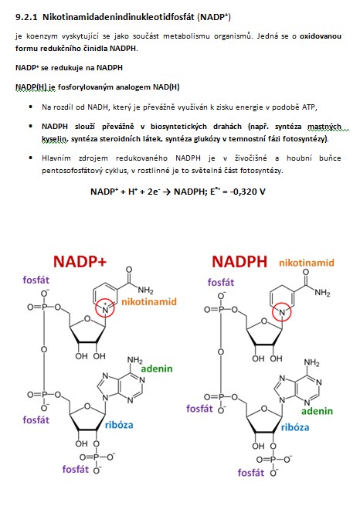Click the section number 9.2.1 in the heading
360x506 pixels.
[x=26, y=17]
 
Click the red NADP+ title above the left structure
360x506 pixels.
[x=80, y=261]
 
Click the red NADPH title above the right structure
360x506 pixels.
[x=239, y=261]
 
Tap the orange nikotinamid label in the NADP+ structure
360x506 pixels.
[x=149, y=302]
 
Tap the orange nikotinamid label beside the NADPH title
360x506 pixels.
[x=307, y=263]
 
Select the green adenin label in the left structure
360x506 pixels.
[x=157, y=368]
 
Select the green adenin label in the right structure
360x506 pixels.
[x=317, y=411]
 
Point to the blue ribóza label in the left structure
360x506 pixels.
[x=119, y=425]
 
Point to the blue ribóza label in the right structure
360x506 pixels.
[x=295, y=427]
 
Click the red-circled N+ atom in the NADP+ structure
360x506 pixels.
[x=105, y=310]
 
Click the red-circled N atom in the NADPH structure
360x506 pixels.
[x=282, y=312]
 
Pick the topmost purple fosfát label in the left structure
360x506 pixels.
[x=36, y=280]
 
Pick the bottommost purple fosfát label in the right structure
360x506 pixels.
[x=250, y=473]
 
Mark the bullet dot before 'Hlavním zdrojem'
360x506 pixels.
[x=31, y=158]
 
